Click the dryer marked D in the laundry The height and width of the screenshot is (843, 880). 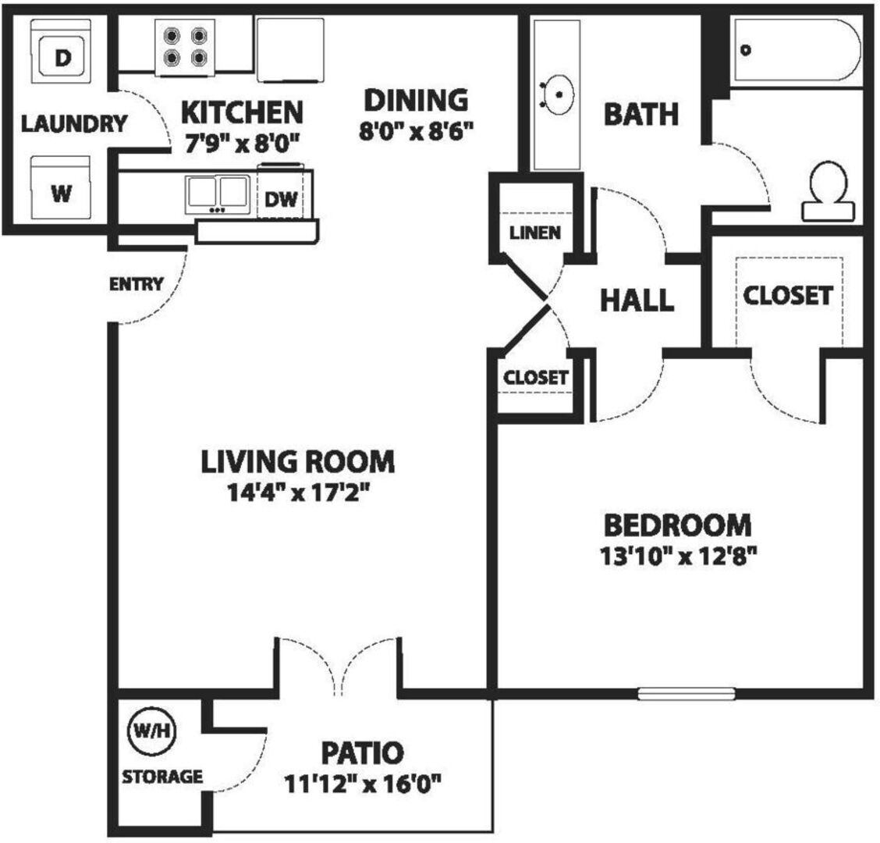pos(61,51)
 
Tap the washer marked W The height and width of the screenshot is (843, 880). pos(61,187)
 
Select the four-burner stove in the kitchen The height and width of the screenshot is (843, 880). pos(185,47)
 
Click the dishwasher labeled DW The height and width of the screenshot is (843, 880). pos(280,194)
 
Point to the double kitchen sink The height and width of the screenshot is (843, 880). pos(218,194)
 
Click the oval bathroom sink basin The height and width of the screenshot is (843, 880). pos(559,95)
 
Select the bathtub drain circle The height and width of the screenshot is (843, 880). pos(746,50)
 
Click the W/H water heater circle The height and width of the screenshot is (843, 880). pos(152,731)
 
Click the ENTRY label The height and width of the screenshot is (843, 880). pos(136,284)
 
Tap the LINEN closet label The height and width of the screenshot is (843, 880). pos(535,233)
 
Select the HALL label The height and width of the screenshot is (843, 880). pos(637,300)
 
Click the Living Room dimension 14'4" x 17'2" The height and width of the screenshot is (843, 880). pos(298,493)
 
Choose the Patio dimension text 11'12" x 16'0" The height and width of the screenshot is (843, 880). pos(363,784)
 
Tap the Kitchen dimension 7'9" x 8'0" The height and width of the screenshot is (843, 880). pos(243,143)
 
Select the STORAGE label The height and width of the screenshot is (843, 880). pos(162,777)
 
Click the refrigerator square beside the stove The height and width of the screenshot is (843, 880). pos(290,50)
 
